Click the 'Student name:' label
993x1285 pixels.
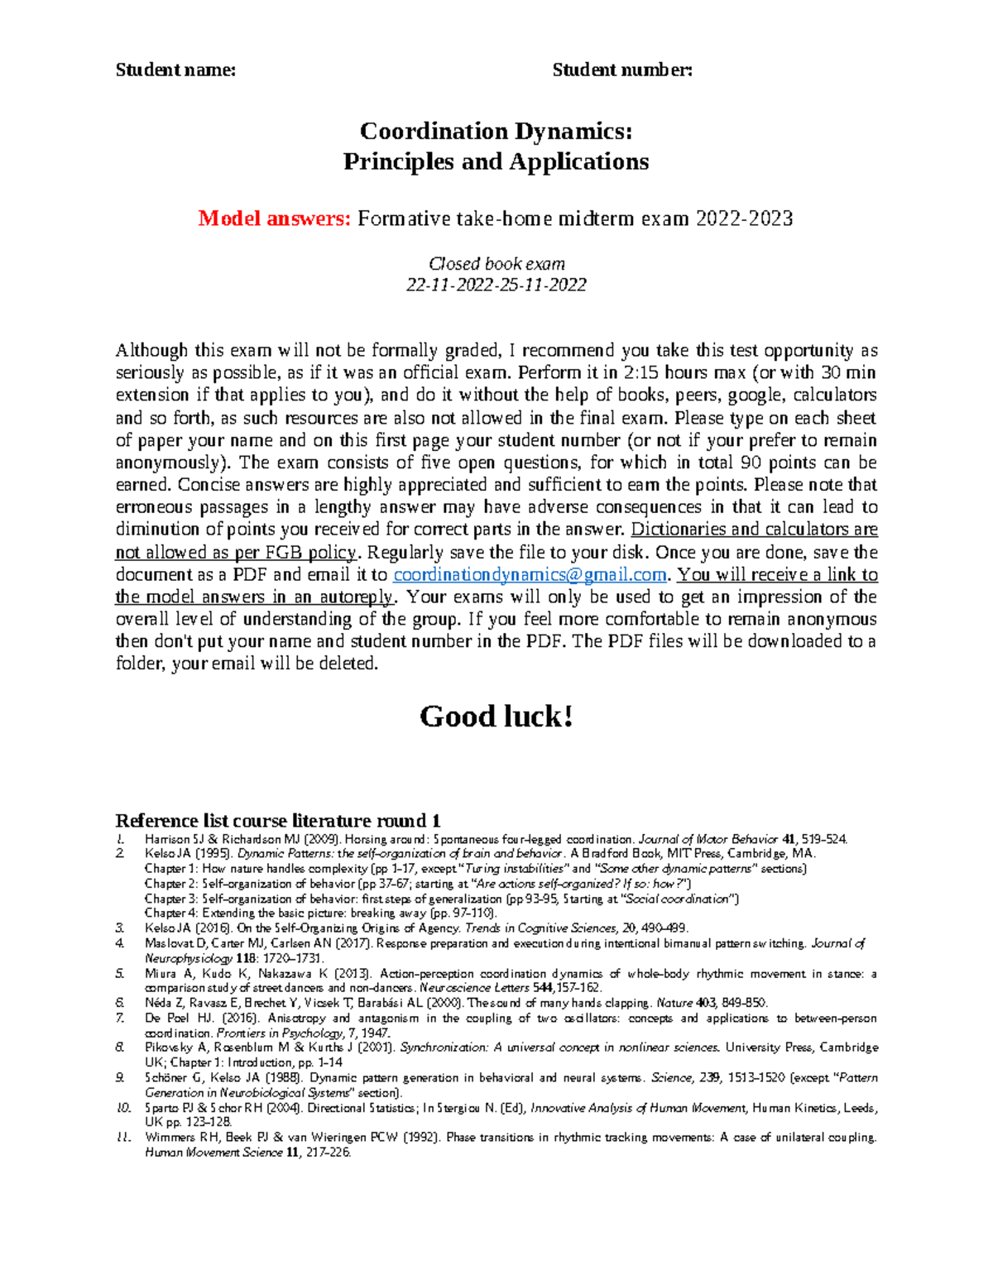175,70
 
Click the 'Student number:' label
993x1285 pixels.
622,70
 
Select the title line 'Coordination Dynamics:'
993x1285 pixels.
496,131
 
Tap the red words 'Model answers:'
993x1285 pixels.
275,218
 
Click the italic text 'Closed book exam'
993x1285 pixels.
496,264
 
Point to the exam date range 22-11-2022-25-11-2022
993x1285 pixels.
496,285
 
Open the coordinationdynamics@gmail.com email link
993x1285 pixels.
530,575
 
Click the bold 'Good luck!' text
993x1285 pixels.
496,717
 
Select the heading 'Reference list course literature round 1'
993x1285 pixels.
277,821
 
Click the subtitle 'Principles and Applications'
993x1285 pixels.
496,161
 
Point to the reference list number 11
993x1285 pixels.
122,1138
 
